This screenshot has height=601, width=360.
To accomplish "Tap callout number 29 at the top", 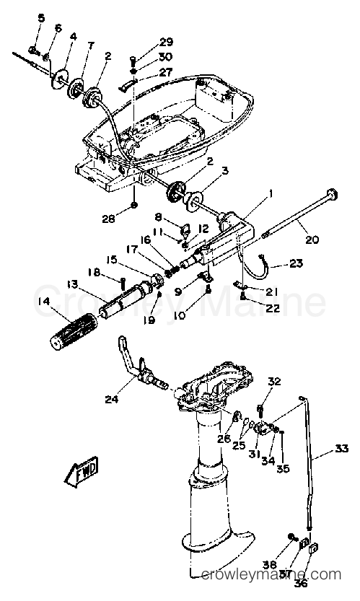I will click(x=166, y=42).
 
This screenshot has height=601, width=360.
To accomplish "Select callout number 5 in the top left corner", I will click(x=40, y=17).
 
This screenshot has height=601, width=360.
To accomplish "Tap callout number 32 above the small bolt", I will click(x=275, y=381).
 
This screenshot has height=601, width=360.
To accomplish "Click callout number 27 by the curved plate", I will click(x=167, y=71).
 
